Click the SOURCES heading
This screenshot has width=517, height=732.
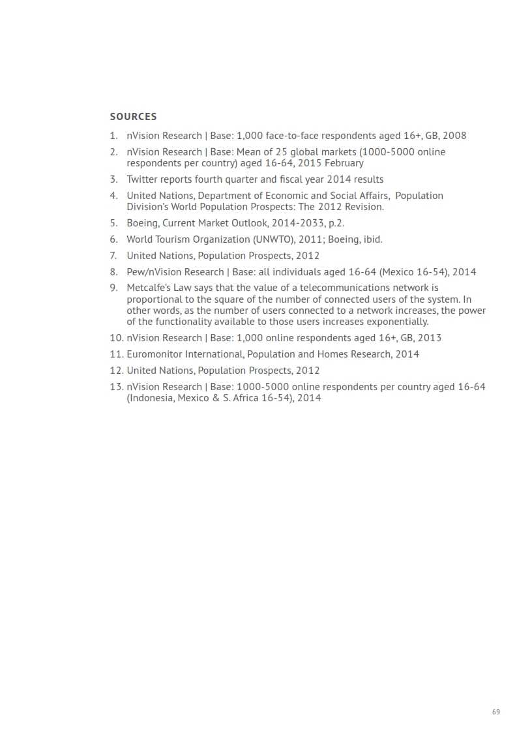[x=133, y=117]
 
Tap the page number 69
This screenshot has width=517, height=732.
[x=496, y=712]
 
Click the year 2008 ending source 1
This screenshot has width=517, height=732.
[x=454, y=136]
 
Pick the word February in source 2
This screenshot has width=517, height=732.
[x=344, y=163]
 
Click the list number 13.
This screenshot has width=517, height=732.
[x=116, y=387]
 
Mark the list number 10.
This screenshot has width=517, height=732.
[x=116, y=338]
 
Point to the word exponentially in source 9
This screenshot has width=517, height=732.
[x=397, y=322]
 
